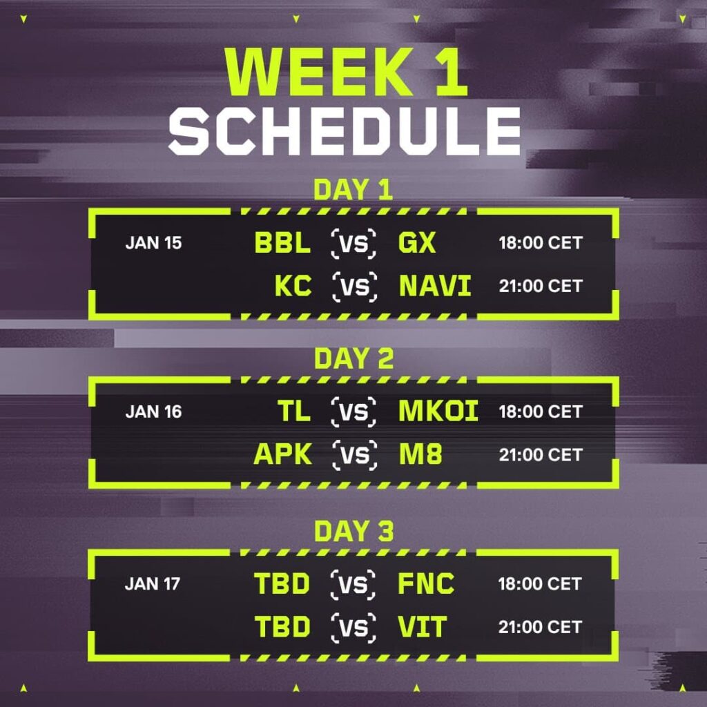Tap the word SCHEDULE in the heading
point(345,131)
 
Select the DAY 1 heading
point(353,190)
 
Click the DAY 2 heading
point(353,359)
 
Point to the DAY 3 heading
point(353,532)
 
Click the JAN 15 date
point(153,243)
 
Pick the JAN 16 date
point(153,412)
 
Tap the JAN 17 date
point(153,584)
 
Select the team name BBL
point(282,243)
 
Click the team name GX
point(417,243)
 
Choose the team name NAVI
point(435,287)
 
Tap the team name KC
point(293,287)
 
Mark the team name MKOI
point(438,412)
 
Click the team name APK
point(283,455)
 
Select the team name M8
point(420,455)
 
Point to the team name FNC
point(426,584)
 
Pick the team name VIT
point(422,627)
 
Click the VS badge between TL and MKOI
point(354,412)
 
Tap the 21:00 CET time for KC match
point(541,287)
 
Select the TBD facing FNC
point(282,584)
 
